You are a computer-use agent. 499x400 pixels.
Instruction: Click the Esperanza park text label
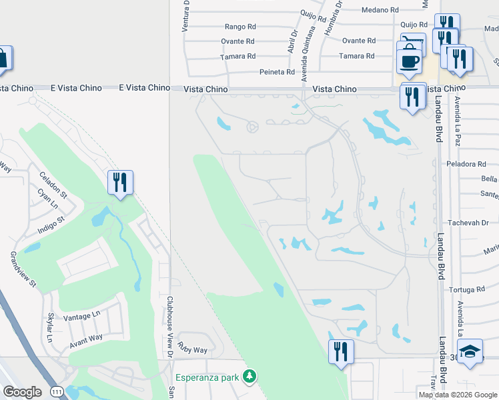pyautogui.click(x=207, y=377)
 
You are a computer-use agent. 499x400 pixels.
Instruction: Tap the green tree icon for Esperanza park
pyautogui.click(x=249, y=377)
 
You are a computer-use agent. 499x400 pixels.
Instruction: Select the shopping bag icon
pyautogui.click(x=3, y=59)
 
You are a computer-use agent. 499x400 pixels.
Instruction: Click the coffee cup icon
pyautogui.click(x=409, y=61)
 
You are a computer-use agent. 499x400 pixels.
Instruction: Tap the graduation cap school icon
pyautogui.click(x=470, y=350)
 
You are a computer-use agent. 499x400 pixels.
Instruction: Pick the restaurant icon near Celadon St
pyautogui.click(x=120, y=181)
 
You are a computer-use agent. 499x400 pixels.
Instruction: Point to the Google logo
pyautogui.click(x=22, y=392)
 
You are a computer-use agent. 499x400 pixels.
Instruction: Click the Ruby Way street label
pyautogui.click(x=193, y=350)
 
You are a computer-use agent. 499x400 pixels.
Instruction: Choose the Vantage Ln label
pyautogui.click(x=81, y=314)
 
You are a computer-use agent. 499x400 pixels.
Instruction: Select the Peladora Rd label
pyautogui.click(x=467, y=163)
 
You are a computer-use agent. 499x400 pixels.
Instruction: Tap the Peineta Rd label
pyautogui.click(x=281, y=72)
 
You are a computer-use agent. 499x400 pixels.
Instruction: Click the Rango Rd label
pyautogui.click(x=240, y=27)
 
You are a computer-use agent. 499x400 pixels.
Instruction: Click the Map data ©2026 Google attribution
pyautogui.click(x=458, y=395)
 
